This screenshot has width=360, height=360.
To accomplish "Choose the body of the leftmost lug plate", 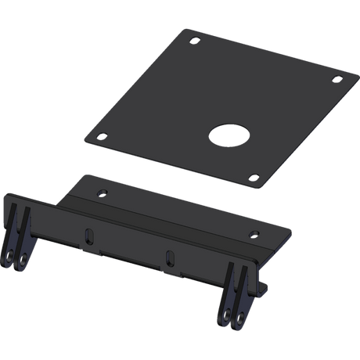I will [x=15, y=235].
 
